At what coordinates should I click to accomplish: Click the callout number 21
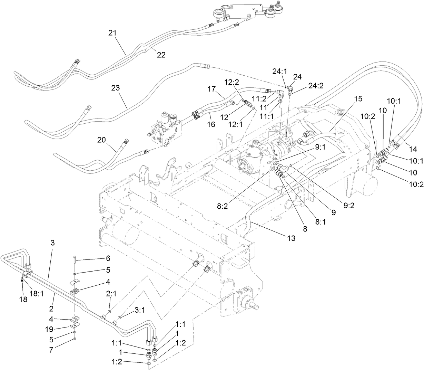click(112, 33)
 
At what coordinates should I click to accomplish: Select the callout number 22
click(161, 55)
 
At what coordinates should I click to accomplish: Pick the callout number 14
click(413, 149)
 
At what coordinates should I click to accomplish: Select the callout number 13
click(291, 238)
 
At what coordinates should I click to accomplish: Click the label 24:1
click(279, 72)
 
